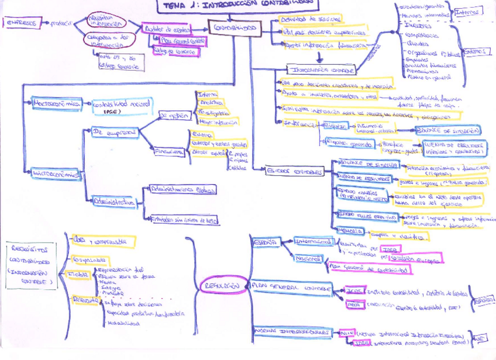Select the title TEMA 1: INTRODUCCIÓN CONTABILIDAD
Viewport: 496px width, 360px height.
[239, 5]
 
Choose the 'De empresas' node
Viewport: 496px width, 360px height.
[114, 132]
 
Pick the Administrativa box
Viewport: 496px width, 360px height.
[115, 203]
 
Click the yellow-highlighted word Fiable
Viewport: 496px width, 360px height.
[78, 274]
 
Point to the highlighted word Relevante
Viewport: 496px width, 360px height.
[84, 300]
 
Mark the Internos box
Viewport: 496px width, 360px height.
[470, 11]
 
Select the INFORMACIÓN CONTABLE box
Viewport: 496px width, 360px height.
[322, 70]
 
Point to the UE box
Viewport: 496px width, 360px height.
[479, 338]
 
